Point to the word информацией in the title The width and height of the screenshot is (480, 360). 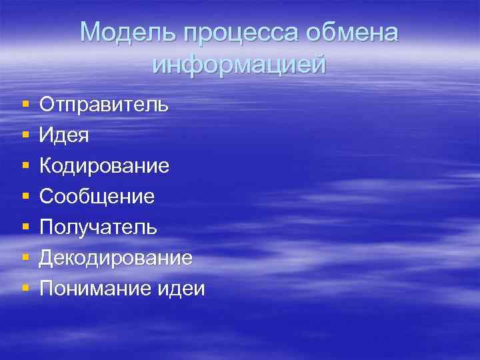click(239, 65)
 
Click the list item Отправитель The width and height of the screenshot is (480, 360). click(103, 105)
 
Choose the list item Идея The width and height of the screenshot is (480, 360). click(64, 135)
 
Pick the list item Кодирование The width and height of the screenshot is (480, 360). click(104, 166)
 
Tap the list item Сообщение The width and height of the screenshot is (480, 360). click(97, 197)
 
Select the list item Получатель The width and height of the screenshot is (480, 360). click(99, 227)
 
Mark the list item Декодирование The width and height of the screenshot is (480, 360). click(116, 258)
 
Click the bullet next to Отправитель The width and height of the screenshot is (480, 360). click(25, 105)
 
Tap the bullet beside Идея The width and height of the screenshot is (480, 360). click(25, 136)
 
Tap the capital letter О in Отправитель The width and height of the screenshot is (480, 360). click(47, 105)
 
